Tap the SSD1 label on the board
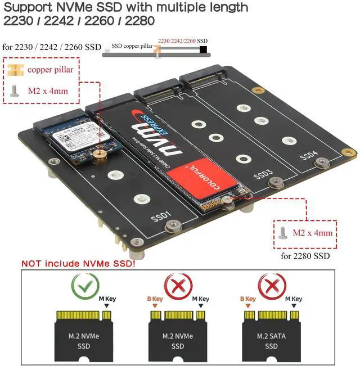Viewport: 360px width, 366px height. point(160,216)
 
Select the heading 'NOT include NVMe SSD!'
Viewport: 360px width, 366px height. point(78,263)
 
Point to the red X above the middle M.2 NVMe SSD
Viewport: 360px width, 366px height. point(177,286)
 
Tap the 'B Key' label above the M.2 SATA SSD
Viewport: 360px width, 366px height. point(247,299)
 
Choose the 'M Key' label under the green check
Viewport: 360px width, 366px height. point(107,299)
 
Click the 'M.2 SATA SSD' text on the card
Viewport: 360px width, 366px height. point(271,341)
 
